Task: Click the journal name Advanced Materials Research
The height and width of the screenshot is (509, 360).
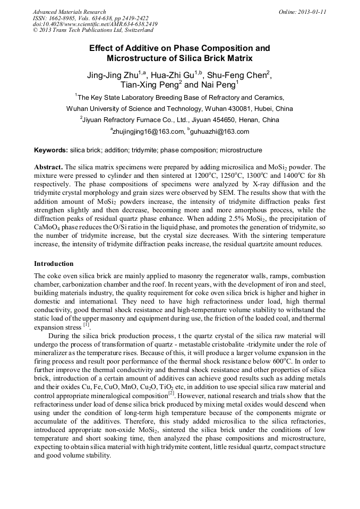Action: (69, 12)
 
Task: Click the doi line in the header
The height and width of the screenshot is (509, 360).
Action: (95, 24)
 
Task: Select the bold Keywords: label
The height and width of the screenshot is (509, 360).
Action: (50, 150)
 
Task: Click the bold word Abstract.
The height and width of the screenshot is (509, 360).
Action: (48, 166)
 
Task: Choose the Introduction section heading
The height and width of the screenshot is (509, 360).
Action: (54, 263)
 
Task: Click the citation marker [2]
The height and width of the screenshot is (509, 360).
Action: (172, 393)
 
